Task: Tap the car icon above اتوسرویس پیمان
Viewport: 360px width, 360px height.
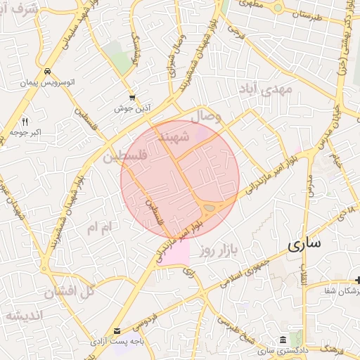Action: pyautogui.click(x=46, y=72)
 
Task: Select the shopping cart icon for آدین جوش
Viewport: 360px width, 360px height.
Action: pyautogui.click(x=132, y=98)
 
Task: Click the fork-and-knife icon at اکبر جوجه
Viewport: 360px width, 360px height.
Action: pyautogui.click(x=25, y=121)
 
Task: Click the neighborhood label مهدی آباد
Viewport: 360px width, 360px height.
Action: pyautogui.click(x=275, y=90)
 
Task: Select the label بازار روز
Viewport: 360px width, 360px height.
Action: pyautogui.click(x=219, y=250)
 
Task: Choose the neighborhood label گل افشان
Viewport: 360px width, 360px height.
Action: pyautogui.click(x=68, y=290)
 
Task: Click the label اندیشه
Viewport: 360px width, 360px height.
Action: pyautogui.click(x=24, y=314)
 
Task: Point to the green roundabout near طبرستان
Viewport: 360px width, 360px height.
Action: pyautogui.click(x=278, y=8)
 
